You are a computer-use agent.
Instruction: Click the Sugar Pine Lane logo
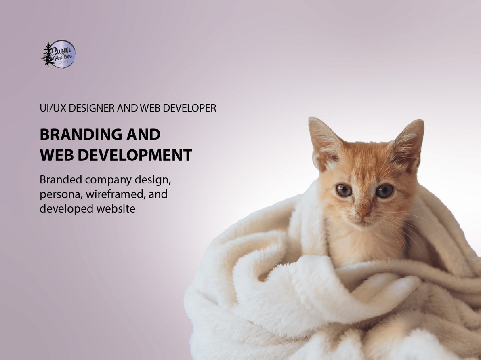tap(59, 54)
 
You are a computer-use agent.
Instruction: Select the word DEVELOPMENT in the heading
tap(134, 156)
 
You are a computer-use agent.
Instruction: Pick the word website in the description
tap(116, 209)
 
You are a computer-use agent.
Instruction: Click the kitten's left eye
tap(344, 190)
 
